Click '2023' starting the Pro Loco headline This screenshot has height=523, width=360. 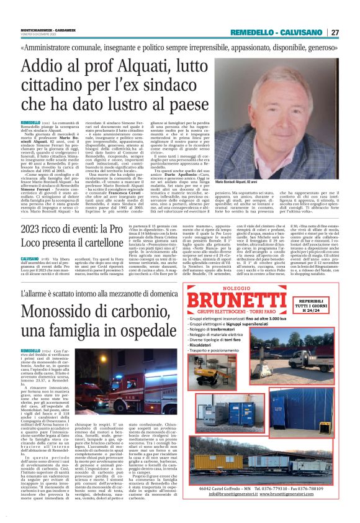click(x=36, y=229)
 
